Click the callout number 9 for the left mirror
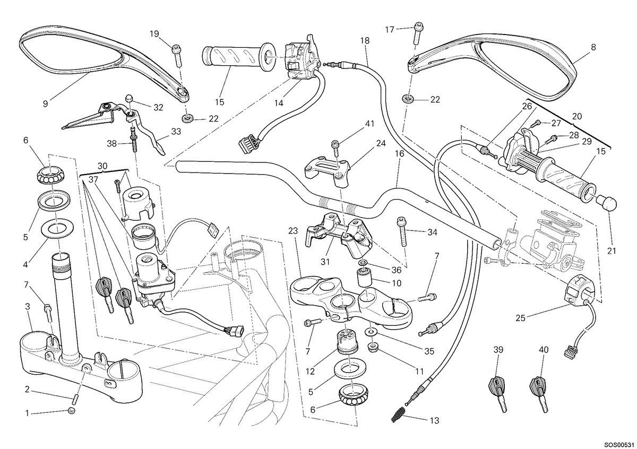pyautogui.click(x=46, y=104)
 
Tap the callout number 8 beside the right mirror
pyautogui.click(x=593, y=47)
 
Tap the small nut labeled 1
pyautogui.click(x=72, y=411)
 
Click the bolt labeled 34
pyautogui.click(x=403, y=231)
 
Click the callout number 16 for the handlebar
pyautogui.click(x=399, y=154)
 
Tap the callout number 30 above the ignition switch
pyautogui.click(x=102, y=166)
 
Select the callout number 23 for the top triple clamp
pyautogui.click(x=292, y=231)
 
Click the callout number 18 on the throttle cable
pyautogui.click(x=365, y=41)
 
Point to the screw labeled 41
pyautogui.click(x=336, y=148)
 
